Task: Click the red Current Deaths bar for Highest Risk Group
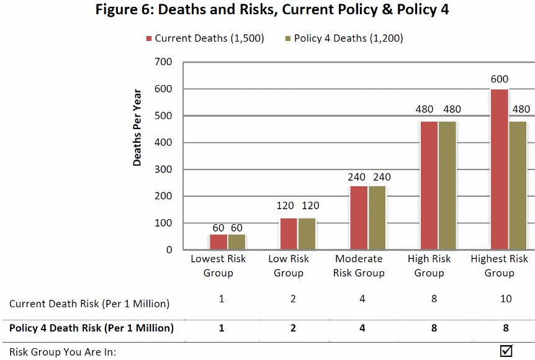499,169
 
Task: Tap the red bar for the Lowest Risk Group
218,241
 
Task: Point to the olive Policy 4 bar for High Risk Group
447,186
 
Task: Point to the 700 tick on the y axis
164,62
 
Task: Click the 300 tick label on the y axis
164,169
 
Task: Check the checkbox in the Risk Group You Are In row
506,351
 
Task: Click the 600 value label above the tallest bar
499,79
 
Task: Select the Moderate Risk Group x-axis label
359,266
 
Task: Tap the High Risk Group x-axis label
429,266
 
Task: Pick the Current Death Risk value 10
506,299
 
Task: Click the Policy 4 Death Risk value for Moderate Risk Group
362,328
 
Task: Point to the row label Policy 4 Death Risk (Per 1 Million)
91,328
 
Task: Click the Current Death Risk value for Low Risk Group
292,299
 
